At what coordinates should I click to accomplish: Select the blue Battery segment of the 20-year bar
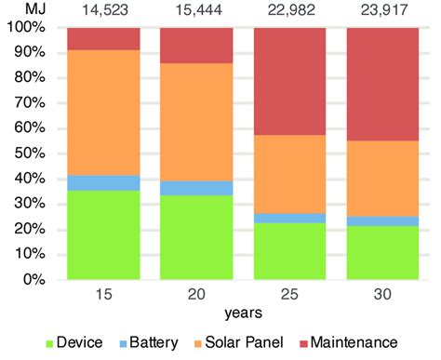tap(196, 188)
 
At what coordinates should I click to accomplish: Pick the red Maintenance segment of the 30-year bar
tap(382, 84)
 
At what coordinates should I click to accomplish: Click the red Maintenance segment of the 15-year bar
tap(103, 38)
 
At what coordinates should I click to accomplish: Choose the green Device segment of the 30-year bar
tap(382, 252)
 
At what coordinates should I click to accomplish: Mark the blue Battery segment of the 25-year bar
tap(289, 218)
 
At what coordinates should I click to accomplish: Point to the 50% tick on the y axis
tap(30, 153)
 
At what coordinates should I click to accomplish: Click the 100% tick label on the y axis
tap(26, 27)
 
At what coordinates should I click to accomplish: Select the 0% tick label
tap(33, 279)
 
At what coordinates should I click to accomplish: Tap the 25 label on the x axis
tap(289, 295)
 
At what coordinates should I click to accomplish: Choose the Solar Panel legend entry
tap(258, 342)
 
